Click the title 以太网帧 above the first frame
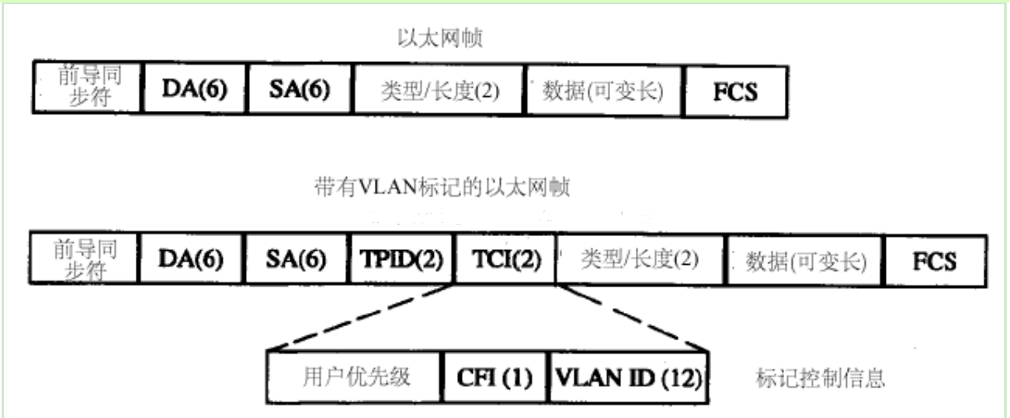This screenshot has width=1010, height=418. [440, 38]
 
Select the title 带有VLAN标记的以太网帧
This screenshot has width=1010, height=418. [442, 187]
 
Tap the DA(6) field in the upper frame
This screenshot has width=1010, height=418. [195, 88]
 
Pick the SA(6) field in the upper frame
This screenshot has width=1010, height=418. [300, 89]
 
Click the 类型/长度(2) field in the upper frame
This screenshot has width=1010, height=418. [439, 90]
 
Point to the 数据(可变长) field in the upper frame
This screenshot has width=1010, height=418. [604, 91]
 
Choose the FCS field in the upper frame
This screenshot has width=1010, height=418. [736, 92]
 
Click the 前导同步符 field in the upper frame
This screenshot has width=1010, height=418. [88, 86]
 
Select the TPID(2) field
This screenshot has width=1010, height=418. [402, 259]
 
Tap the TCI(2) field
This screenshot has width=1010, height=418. [506, 259]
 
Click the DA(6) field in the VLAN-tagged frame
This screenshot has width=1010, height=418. [190, 258]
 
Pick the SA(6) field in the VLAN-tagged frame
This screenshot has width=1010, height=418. [296, 259]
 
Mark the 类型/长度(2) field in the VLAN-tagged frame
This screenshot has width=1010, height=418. [641, 260]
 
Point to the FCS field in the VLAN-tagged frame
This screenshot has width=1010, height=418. [935, 261]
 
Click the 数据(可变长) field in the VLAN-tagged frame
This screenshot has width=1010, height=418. [805, 261]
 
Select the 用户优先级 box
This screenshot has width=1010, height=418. [354, 377]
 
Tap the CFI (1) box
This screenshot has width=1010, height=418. [494, 377]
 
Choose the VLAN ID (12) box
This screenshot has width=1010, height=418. [628, 378]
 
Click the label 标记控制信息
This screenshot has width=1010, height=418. [820, 378]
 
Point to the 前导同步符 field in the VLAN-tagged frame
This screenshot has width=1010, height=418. [84, 258]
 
